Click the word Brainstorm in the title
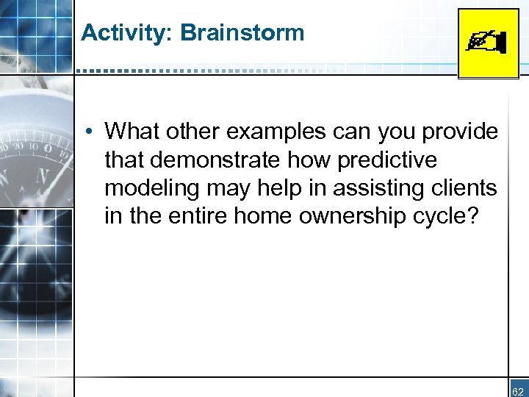242,32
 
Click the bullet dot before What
87,132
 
